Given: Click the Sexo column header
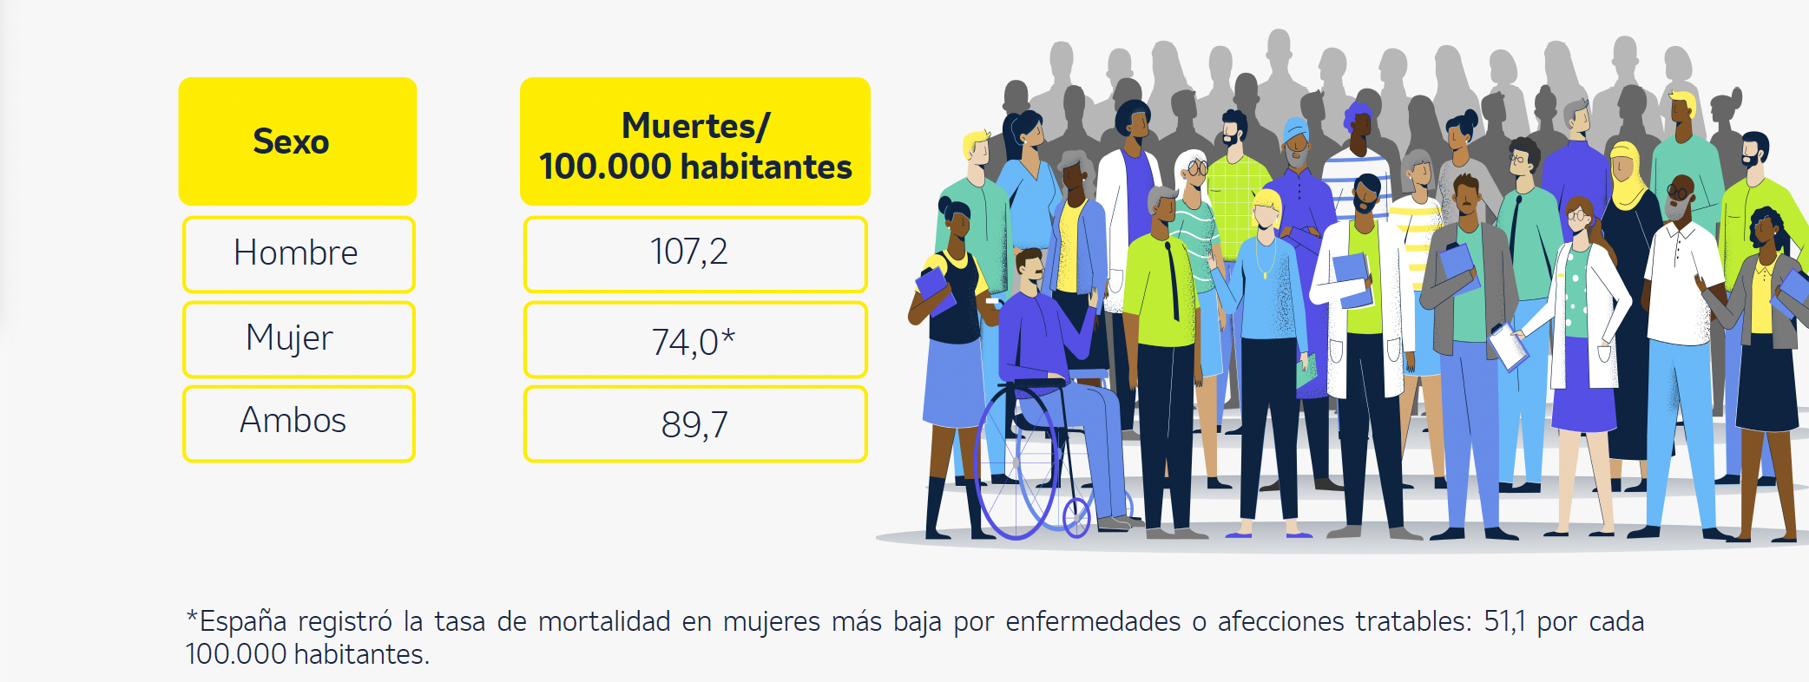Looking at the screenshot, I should [292, 141].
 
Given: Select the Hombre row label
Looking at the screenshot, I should [296, 253].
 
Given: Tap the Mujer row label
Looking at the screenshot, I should [289, 338].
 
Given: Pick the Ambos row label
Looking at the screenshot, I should [293, 421].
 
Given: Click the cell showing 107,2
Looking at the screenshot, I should [689, 252].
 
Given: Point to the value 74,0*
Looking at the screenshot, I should [693, 341].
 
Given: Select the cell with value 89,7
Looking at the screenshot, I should [694, 424].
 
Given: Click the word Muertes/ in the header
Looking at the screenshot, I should [695, 126].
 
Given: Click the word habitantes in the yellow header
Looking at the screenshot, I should [766, 167].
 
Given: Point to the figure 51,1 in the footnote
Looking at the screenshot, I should [1504, 621].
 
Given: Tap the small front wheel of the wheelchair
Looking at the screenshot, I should [1076, 518].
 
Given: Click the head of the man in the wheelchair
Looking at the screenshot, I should [1030, 268].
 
